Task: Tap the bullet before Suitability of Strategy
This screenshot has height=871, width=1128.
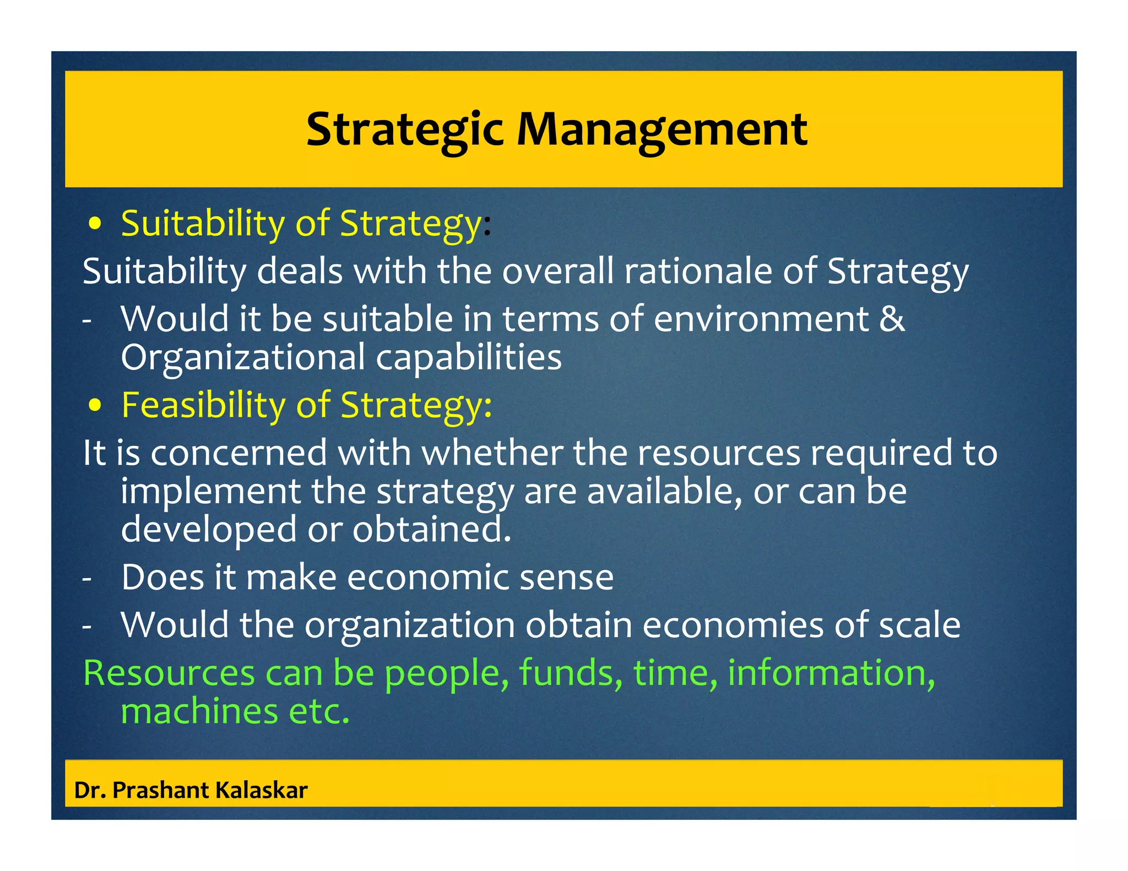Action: (95, 225)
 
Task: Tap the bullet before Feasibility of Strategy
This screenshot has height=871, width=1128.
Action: (95, 406)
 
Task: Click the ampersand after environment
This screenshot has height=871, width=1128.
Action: (891, 319)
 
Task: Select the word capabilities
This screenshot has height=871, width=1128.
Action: (469, 358)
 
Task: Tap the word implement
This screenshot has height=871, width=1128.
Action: (210, 492)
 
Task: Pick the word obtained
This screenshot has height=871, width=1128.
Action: (432, 530)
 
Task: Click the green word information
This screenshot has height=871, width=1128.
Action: (831, 673)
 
